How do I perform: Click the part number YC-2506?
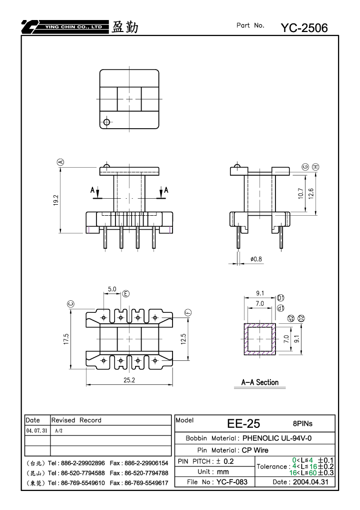304,28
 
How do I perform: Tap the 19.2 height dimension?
56,200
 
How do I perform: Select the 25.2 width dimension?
129,380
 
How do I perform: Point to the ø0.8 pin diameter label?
256,259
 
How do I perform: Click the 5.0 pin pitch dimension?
112,289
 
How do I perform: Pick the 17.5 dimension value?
66,339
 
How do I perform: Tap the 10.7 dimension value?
300,193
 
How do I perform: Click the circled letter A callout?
60,162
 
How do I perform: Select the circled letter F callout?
188,313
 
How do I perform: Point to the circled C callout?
71,304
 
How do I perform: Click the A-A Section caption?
260,382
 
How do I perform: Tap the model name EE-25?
243,423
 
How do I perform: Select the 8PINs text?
302,423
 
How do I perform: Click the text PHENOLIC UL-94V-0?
277,438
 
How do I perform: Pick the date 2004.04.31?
310,481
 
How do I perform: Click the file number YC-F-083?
232,481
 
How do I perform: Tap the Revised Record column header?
76,420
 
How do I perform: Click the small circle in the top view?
106,122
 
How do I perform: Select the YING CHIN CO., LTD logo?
65,27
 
